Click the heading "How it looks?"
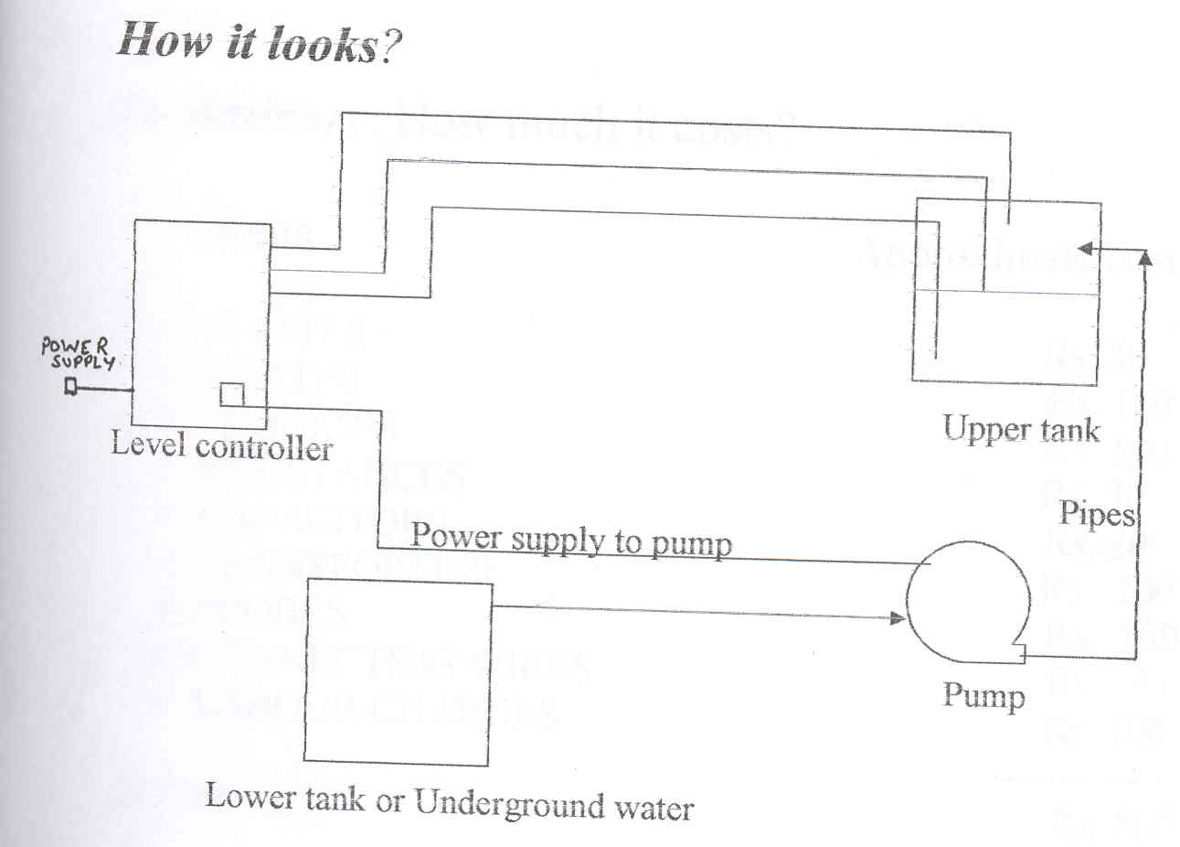pyautogui.click(x=260, y=41)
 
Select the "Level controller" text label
pyautogui.click(x=221, y=446)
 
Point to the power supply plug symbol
pyautogui.click(x=70, y=388)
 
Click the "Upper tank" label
pyautogui.click(x=1021, y=428)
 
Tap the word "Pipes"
pyautogui.click(x=1096, y=514)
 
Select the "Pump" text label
pyautogui.click(x=983, y=696)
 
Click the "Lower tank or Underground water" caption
pyautogui.click(x=450, y=801)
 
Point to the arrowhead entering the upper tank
pyautogui.click(x=1085, y=248)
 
